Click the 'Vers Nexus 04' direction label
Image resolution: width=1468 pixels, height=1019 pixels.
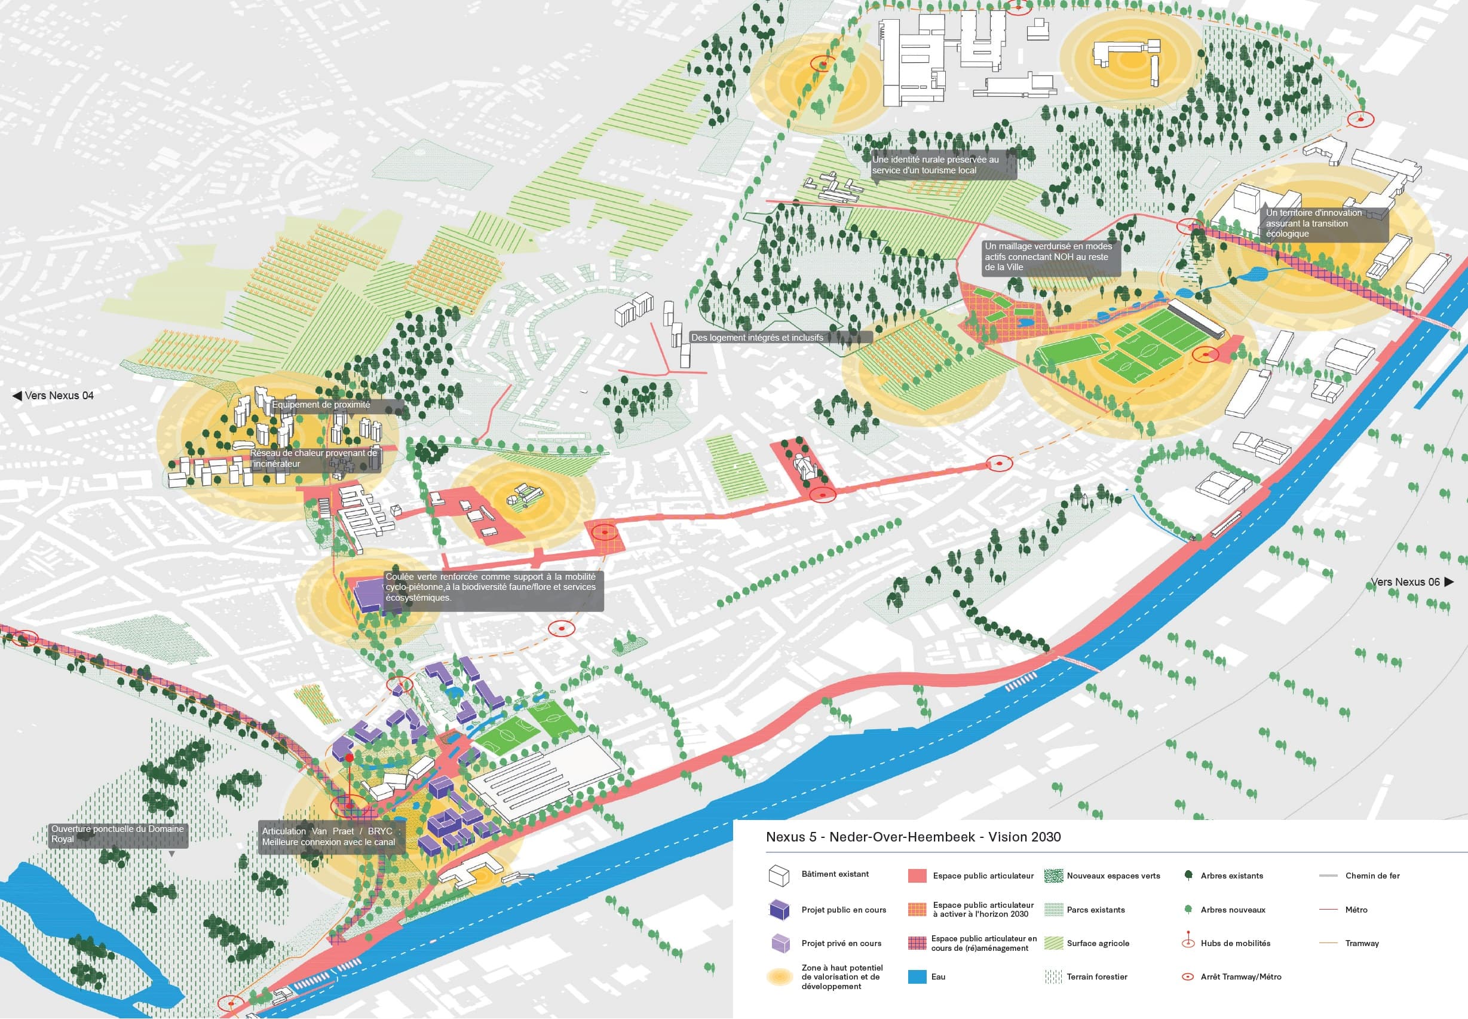coord(54,396)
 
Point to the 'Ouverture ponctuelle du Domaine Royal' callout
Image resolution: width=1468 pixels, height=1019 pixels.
coord(118,834)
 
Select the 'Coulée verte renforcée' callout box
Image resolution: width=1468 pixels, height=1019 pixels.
coord(492,587)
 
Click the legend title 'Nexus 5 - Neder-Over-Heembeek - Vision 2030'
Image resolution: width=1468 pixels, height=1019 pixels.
coord(913,837)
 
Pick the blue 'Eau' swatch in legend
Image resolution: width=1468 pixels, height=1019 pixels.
coord(917,976)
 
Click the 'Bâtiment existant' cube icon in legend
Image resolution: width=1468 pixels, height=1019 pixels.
coord(779,876)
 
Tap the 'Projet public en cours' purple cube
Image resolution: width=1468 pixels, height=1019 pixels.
coord(779,910)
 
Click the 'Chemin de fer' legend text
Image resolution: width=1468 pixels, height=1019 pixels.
coord(1372,876)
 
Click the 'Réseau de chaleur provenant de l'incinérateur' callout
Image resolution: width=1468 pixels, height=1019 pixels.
coord(314,458)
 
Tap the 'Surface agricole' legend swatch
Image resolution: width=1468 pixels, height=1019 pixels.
coord(1053,943)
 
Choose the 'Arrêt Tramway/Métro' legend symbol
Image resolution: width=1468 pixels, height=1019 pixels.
coord(1188,977)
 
